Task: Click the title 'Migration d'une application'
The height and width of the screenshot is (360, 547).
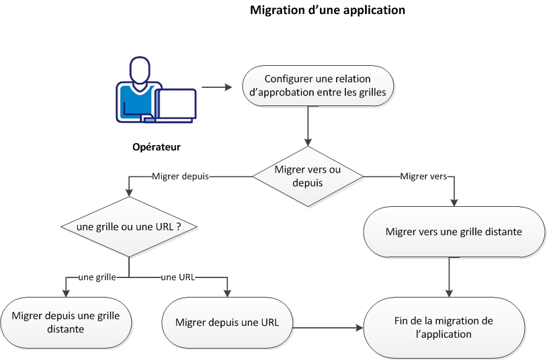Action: coord(327,11)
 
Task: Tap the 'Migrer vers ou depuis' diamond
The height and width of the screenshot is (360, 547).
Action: coord(308,177)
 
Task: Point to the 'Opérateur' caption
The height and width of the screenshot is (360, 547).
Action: coord(156,146)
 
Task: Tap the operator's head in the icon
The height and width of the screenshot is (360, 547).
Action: coord(139,70)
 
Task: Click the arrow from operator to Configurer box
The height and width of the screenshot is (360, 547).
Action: coord(216,87)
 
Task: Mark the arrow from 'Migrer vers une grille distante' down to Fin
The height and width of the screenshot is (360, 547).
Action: coord(448,277)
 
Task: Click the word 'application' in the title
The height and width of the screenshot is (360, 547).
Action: coord(372,11)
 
